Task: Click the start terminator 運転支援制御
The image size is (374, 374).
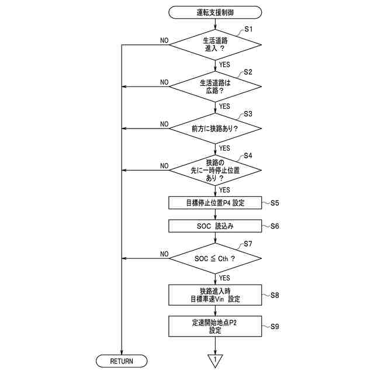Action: (x=215, y=11)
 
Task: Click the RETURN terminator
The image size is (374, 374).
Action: (x=122, y=361)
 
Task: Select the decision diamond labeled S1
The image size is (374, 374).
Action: (x=215, y=45)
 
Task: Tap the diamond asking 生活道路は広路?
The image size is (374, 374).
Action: (x=215, y=87)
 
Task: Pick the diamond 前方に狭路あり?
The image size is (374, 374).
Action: (x=215, y=128)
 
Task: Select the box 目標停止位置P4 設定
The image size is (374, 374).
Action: (x=215, y=203)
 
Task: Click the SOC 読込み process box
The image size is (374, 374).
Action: (x=215, y=225)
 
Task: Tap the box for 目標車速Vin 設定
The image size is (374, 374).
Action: (x=215, y=295)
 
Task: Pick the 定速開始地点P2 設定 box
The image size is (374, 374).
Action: (x=215, y=326)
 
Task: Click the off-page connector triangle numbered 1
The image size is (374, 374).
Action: (x=215, y=359)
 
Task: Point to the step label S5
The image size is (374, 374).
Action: (x=275, y=203)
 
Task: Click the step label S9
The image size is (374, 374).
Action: (x=275, y=326)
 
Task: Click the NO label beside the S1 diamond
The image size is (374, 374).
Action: (x=164, y=41)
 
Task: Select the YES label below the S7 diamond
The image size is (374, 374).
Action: (x=224, y=278)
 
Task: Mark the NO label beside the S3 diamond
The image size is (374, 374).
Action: (x=164, y=124)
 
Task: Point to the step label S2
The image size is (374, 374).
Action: (x=248, y=72)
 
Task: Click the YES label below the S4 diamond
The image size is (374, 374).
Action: (x=224, y=189)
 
